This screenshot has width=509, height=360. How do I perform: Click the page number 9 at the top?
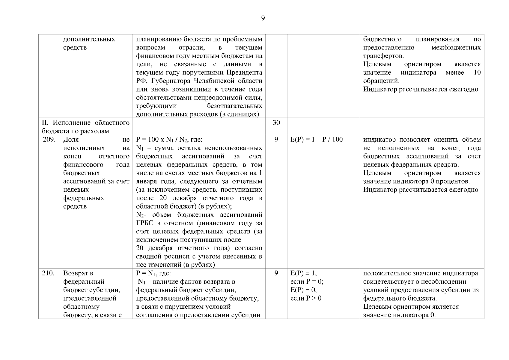pyautogui.click(x=263, y=18)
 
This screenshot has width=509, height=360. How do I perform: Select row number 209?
pyautogui.click(x=49, y=139)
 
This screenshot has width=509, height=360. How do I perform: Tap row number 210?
pyautogui.click(x=49, y=273)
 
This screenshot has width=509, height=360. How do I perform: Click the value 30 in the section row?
pyautogui.click(x=276, y=122)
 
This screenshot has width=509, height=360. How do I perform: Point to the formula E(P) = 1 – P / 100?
pyautogui.click(x=317, y=139)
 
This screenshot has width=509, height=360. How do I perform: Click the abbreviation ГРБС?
pyautogui.click(x=144, y=223)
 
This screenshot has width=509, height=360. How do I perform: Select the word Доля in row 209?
pyautogui.click(x=71, y=139)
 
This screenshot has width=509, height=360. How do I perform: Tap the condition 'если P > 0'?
pyautogui.click(x=306, y=298)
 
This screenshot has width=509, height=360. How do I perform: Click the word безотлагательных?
pyautogui.click(x=234, y=106)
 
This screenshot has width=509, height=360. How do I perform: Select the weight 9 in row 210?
pyautogui.click(x=276, y=273)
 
